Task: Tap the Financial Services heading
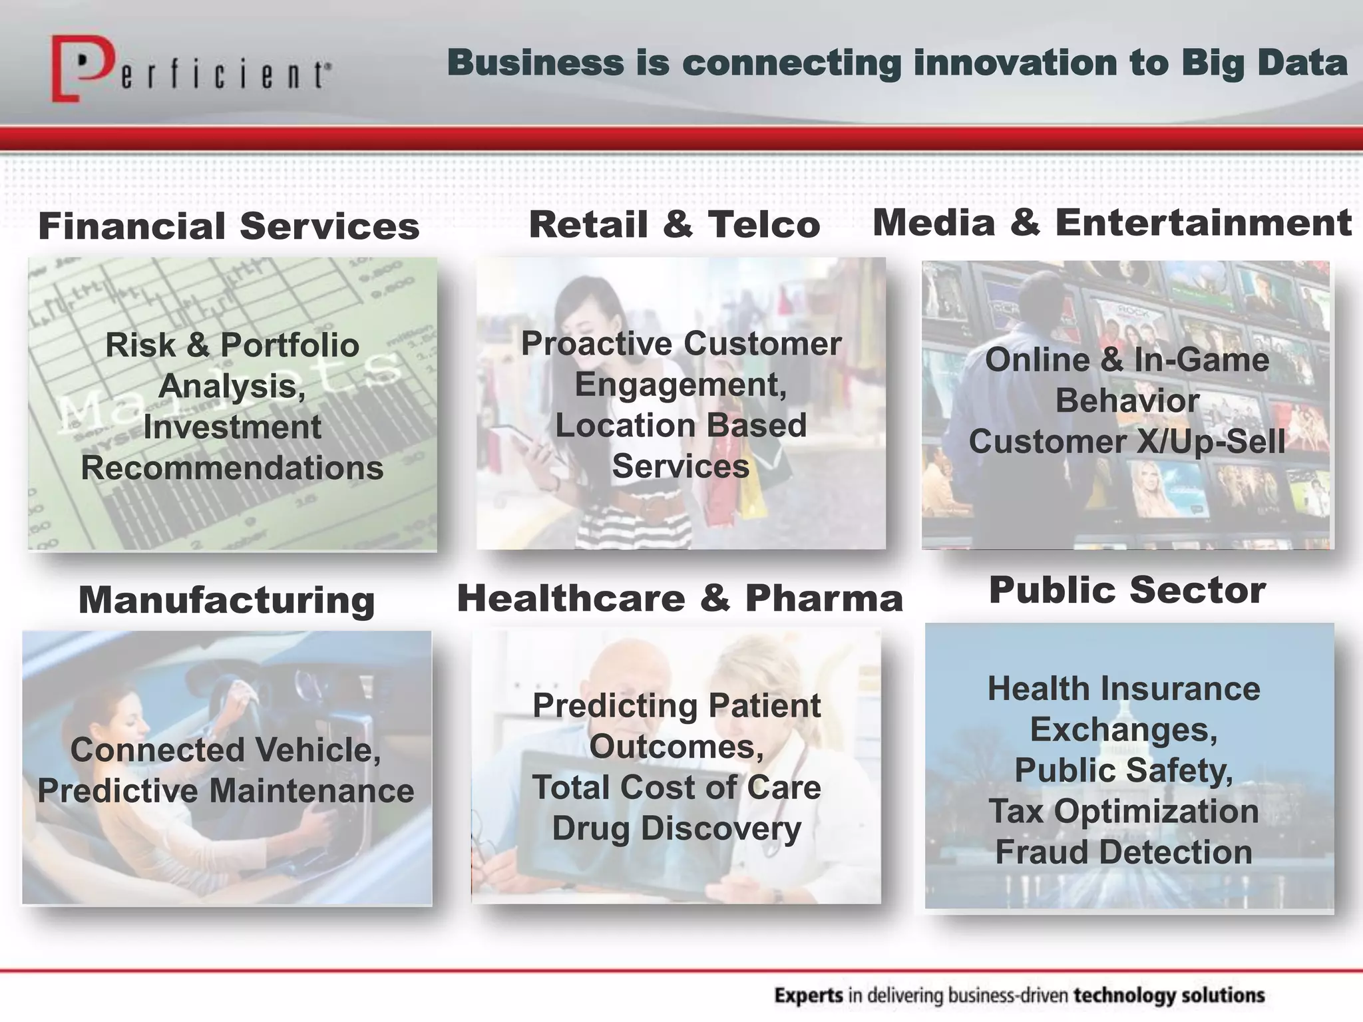[x=229, y=226]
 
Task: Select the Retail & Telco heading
[x=674, y=224]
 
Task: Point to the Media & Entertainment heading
[x=1111, y=222]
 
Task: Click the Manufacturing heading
[x=227, y=600]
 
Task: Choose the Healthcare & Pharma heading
[x=680, y=597]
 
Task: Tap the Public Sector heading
[x=1127, y=590]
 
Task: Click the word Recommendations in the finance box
[x=232, y=468]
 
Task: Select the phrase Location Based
[x=681, y=425]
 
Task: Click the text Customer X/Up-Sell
[x=1127, y=442]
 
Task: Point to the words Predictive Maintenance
[x=226, y=791]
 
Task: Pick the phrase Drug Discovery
[x=676, y=828]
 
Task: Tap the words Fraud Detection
[x=1123, y=852]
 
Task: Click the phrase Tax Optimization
[x=1123, y=811]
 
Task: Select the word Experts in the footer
[x=809, y=996]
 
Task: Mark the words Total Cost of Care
[x=676, y=788]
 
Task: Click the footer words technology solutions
[x=1169, y=996]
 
